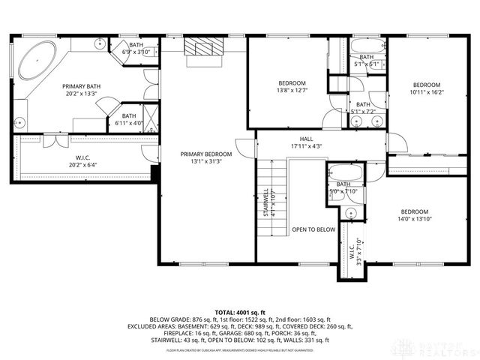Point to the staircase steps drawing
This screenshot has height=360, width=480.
point(273,199)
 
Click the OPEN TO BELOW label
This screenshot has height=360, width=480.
point(313,229)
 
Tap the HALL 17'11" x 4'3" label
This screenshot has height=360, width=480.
point(306,142)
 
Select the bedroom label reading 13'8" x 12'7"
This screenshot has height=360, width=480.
point(292,87)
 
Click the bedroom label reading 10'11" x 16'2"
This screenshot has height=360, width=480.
point(426,88)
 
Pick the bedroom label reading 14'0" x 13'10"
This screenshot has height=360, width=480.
point(414,215)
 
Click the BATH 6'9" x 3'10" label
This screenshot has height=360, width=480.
point(135,49)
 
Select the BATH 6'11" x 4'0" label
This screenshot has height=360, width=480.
point(129,120)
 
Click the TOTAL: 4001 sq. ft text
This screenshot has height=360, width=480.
point(240,312)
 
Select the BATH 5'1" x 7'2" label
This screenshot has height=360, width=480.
point(363,108)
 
